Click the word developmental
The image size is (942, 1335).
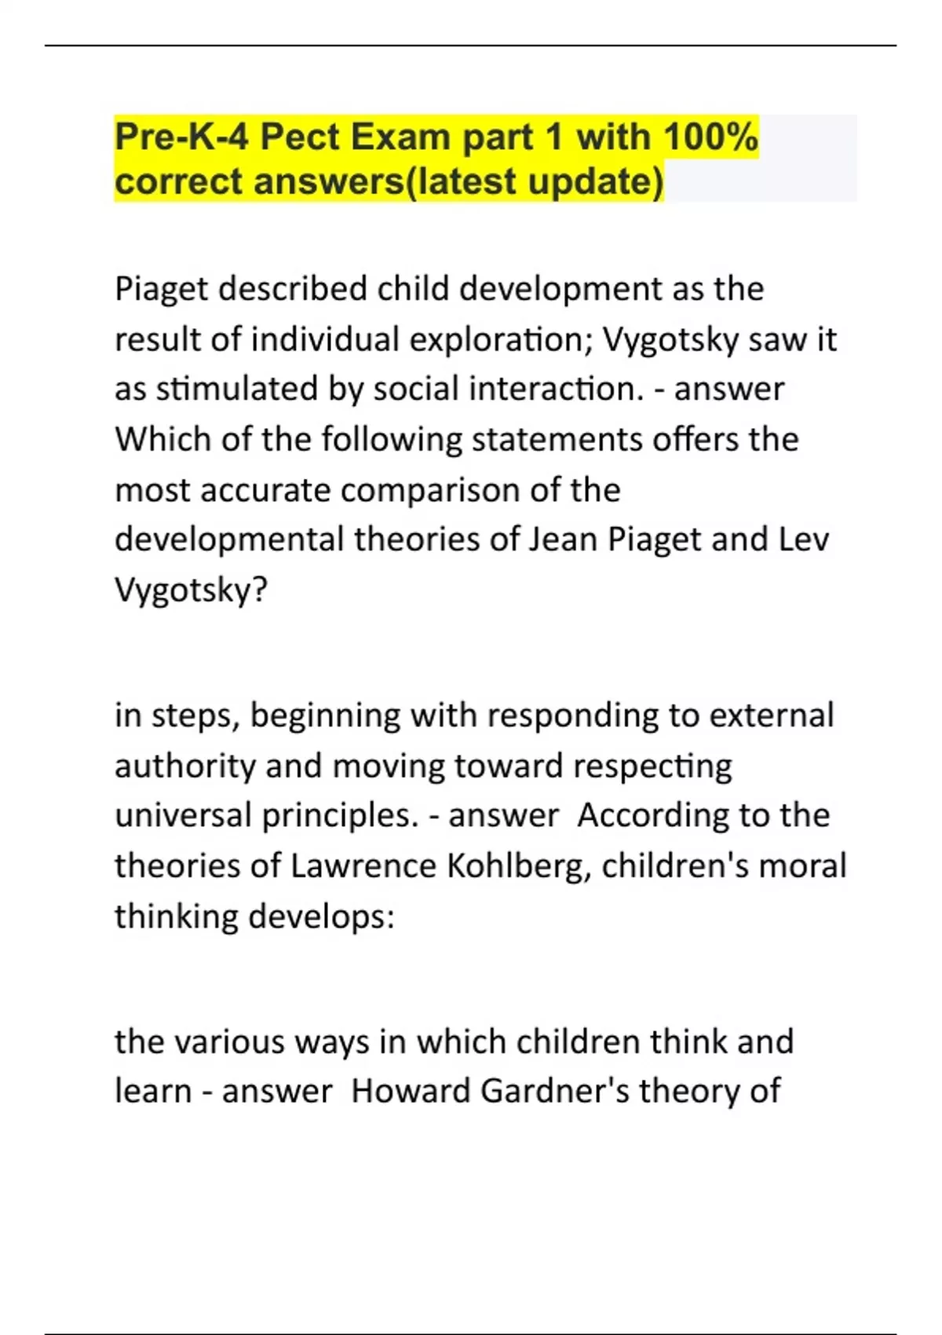point(228,540)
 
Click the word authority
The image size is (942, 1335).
point(184,766)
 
